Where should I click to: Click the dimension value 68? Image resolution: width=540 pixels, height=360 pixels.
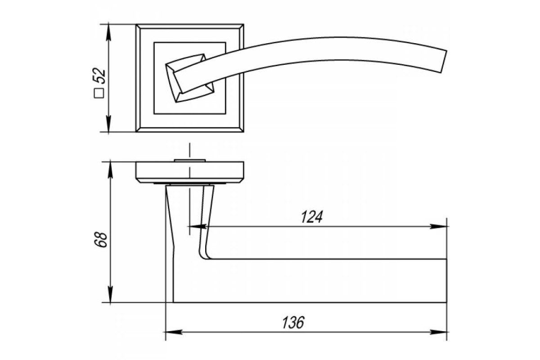click(x=100, y=239)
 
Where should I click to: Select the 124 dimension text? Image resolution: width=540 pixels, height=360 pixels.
click(x=311, y=217)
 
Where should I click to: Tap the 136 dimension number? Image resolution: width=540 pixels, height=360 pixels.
click(x=293, y=322)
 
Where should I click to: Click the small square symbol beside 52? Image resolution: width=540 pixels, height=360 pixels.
click(x=99, y=93)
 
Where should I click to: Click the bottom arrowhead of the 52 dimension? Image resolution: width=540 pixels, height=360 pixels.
click(x=108, y=125)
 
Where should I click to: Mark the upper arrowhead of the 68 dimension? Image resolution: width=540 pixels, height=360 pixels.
click(x=110, y=169)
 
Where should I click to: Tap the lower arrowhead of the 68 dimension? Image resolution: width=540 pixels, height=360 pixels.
click(x=110, y=295)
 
